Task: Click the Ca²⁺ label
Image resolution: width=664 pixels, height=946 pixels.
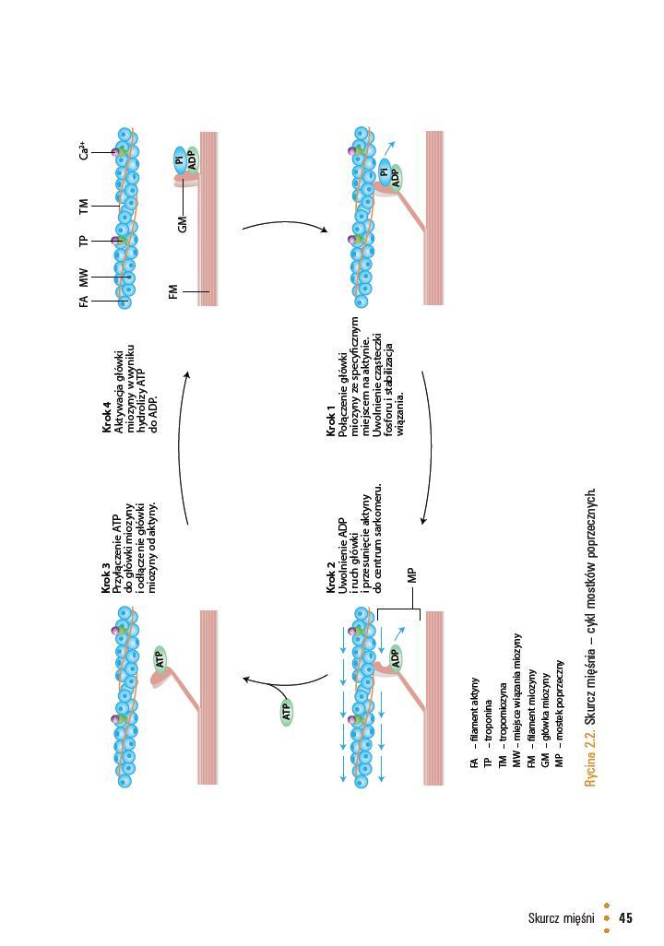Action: pyautogui.click(x=84, y=151)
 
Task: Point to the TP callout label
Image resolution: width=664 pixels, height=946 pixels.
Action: pyautogui.click(x=84, y=242)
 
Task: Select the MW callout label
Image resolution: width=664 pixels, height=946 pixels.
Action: pyautogui.click(x=84, y=276)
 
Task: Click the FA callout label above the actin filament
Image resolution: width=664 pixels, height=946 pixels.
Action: pyautogui.click(x=84, y=302)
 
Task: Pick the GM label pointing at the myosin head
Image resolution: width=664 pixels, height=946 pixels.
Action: pyautogui.click(x=183, y=222)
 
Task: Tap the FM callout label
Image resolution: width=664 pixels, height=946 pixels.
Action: pyautogui.click(x=173, y=292)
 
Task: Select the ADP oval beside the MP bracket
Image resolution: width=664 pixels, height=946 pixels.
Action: pyautogui.click(x=396, y=657)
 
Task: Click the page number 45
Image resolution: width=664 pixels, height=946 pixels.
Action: pyautogui.click(x=626, y=917)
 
